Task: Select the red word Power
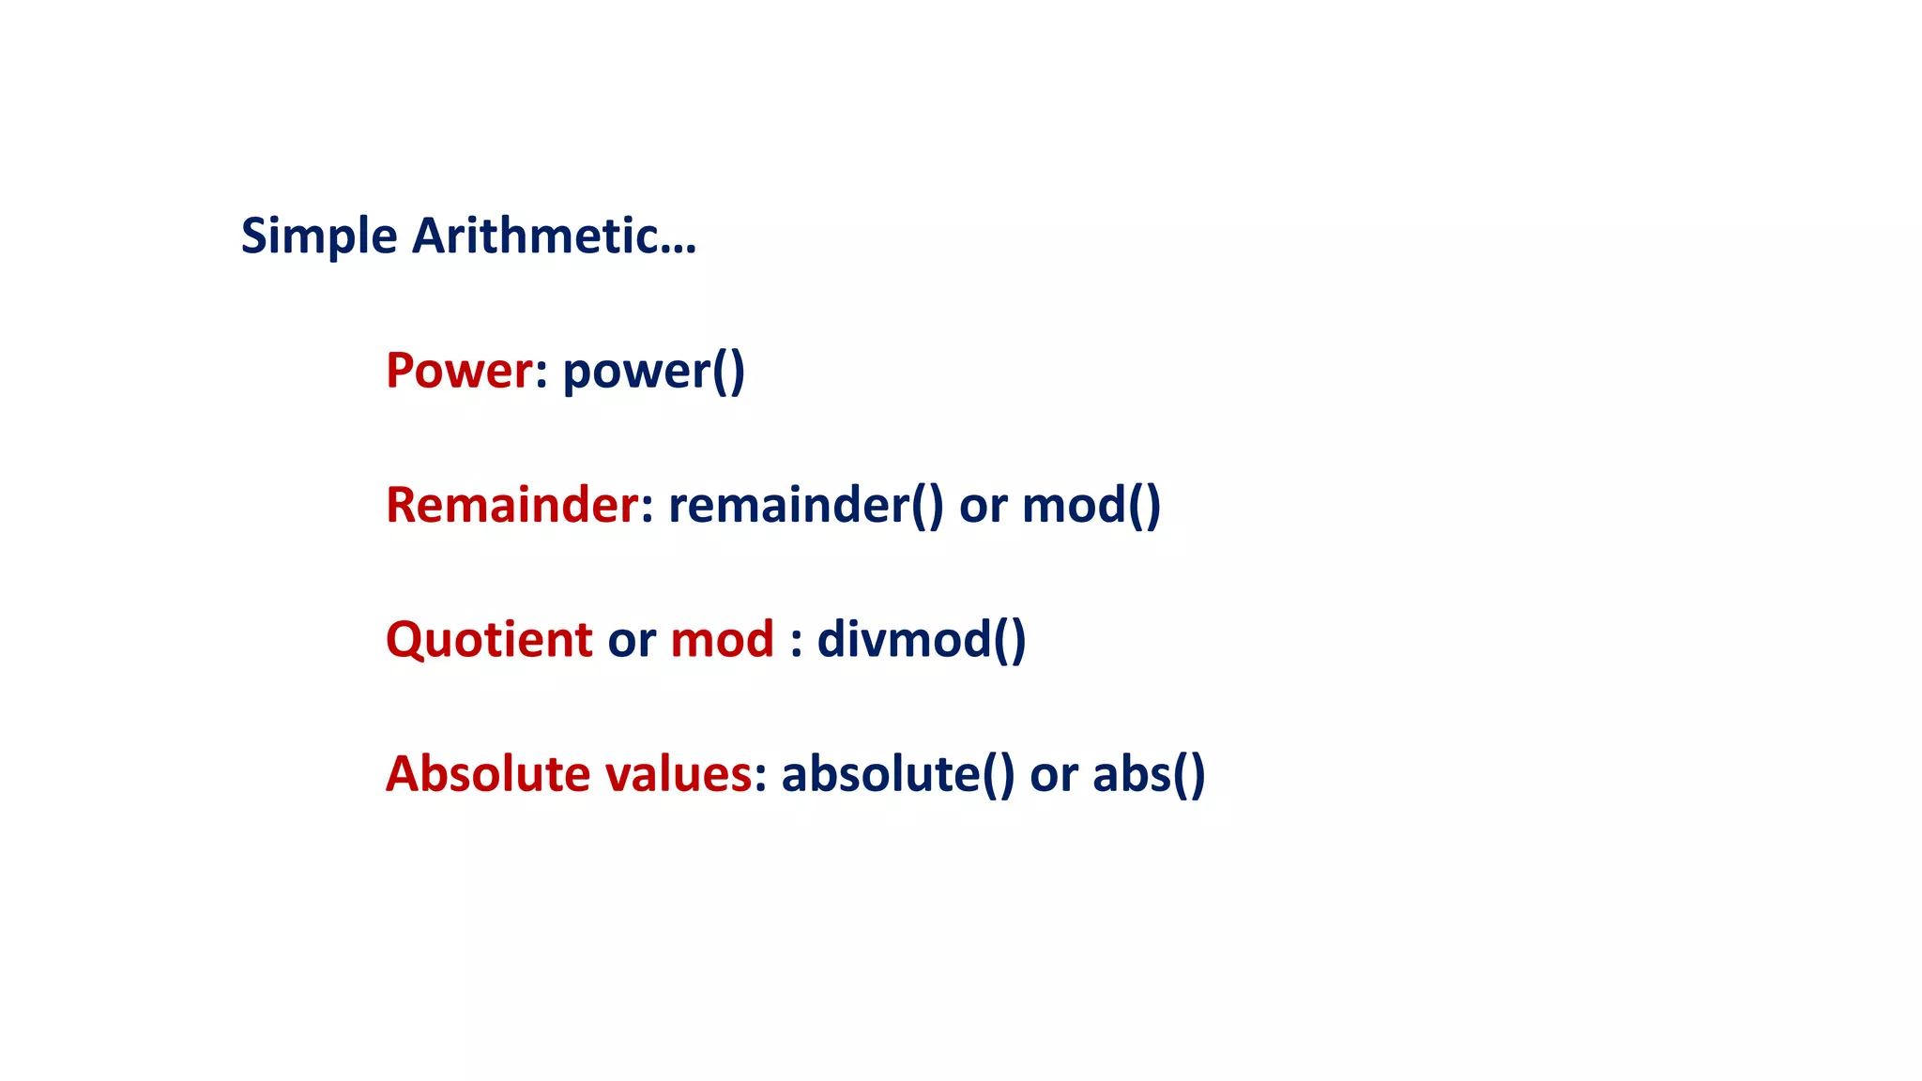point(459,370)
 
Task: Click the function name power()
point(654,372)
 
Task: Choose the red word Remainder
point(512,505)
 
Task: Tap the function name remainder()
point(805,506)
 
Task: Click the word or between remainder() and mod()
point(983,508)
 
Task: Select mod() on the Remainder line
point(1091,506)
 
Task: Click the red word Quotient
point(489,640)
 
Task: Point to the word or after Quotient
point(632,642)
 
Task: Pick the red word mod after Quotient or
point(722,640)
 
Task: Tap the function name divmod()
point(922,640)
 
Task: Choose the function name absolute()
point(898,775)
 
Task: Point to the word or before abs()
point(1054,777)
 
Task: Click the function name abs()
point(1149,775)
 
